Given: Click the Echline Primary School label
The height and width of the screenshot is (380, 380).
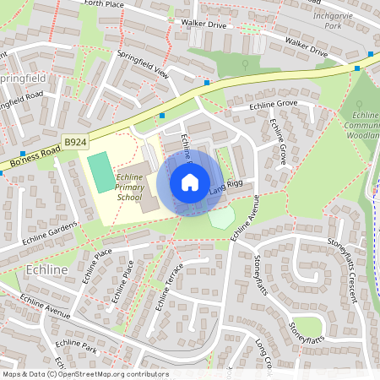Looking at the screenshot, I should coord(129,187).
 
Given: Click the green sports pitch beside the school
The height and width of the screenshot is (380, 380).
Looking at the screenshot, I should coord(100,171).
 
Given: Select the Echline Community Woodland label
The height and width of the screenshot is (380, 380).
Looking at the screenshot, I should coord(365,124).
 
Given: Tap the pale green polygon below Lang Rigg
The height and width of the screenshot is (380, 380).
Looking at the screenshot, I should coord(221,217).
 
